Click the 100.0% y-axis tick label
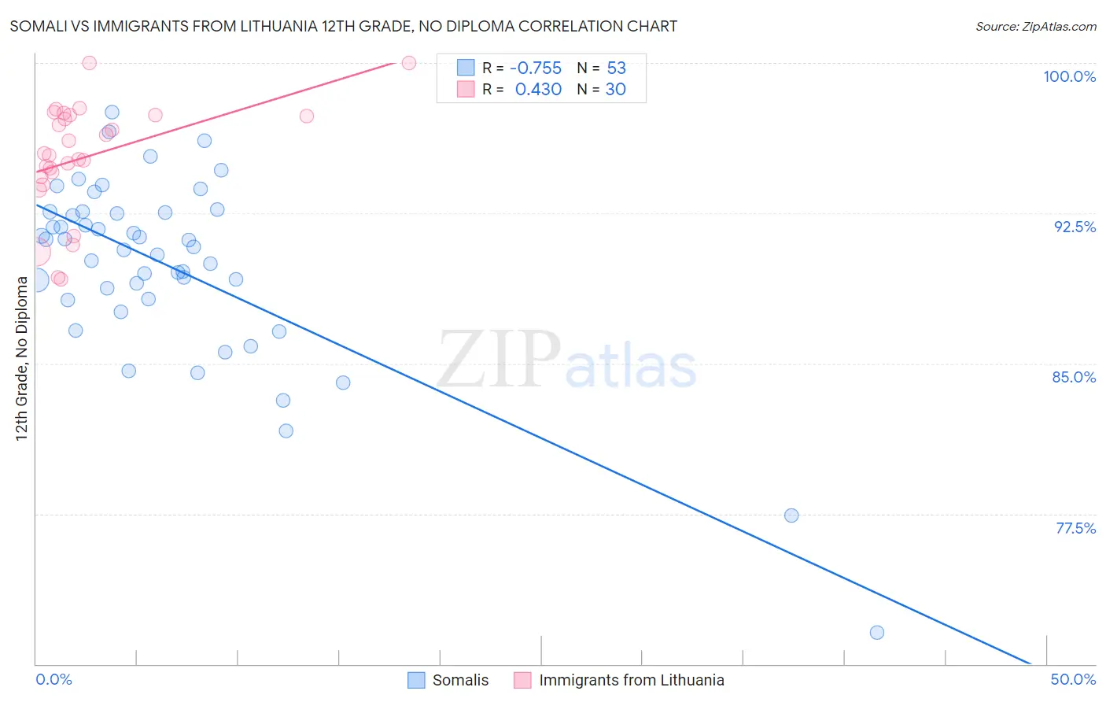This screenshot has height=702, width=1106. coord(1069,76)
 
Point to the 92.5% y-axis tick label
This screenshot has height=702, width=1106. coord(1075,227)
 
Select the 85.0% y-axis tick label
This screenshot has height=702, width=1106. coord(1074,377)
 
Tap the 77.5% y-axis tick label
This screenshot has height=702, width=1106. coord(1075,528)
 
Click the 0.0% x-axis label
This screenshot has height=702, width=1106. coord(53,679)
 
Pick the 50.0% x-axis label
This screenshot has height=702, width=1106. coord(1073,679)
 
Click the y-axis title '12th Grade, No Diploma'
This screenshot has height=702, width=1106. coord(21,358)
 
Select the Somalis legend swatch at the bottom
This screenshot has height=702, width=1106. coord(416,680)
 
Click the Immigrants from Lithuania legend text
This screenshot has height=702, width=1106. coord(631,680)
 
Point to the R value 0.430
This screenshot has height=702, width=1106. coord(538,90)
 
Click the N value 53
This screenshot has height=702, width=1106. coord(616,68)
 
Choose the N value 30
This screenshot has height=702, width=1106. coord(615,90)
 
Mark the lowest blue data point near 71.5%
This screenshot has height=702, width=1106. coord(877,633)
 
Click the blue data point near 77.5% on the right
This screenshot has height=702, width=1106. coord(791,515)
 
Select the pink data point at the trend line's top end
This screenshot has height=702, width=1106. coord(409,63)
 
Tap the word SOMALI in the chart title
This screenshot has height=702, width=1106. coord(36,27)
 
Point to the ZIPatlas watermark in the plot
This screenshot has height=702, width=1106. coord(566,360)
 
